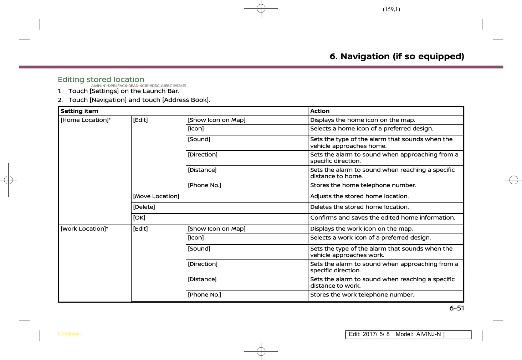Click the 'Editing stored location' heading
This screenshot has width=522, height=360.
(x=101, y=79)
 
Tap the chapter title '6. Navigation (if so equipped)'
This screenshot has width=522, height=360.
(x=396, y=56)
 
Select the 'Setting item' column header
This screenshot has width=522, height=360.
(x=79, y=111)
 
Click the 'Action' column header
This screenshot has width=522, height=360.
(x=320, y=111)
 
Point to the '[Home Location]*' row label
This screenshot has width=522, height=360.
(x=86, y=120)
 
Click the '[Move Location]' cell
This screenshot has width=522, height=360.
(x=156, y=196)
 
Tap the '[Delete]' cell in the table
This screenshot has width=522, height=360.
(x=144, y=207)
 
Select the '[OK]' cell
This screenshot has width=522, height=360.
(x=139, y=218)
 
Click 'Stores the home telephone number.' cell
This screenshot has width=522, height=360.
(x=363, y=185)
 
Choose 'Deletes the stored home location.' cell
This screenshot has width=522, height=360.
(x=359, y=207)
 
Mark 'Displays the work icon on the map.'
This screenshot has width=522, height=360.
(x=361, y=229)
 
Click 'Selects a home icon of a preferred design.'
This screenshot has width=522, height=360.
(x=372, y=129)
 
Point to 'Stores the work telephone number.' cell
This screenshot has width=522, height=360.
(x=362, y=295)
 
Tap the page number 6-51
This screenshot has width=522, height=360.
(x=456, y=308)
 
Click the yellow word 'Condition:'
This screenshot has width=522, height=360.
(x=69, y=334)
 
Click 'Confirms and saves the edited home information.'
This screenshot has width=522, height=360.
(x=383, y=218)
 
